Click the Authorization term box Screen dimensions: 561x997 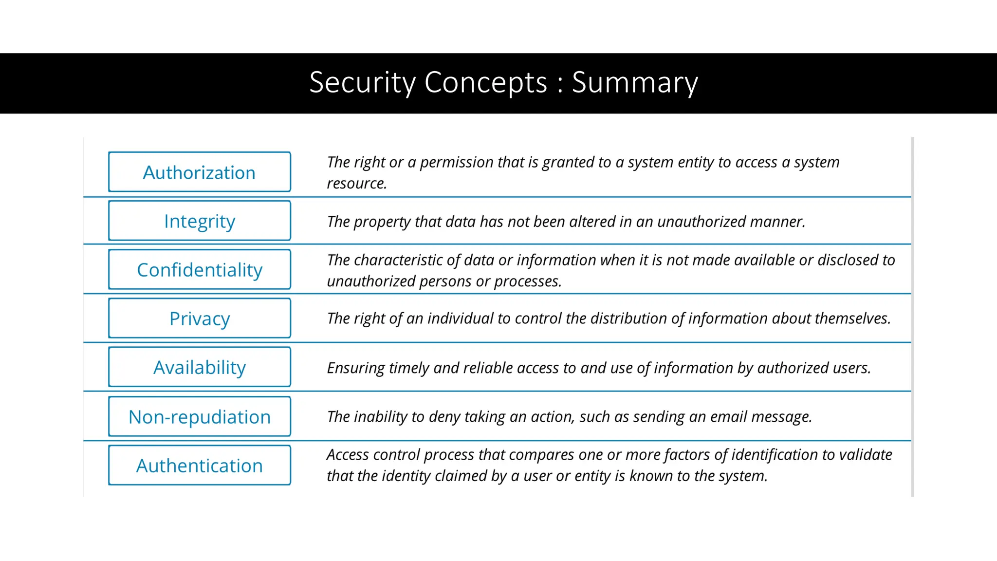click(x=200, y=172)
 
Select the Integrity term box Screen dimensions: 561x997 click(x=200, y=221)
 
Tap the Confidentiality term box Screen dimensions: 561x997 click(x=200, y=270)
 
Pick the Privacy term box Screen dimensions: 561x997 click(x=200, y=318)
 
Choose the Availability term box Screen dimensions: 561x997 click(x=200, y=367)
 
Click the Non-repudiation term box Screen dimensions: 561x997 click(x=200, y=417)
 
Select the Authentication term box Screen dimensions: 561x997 click(x=200, y=466)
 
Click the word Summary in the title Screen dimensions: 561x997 click(x=635, y=83)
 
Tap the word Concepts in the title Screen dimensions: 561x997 click(x=486, y=83)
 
